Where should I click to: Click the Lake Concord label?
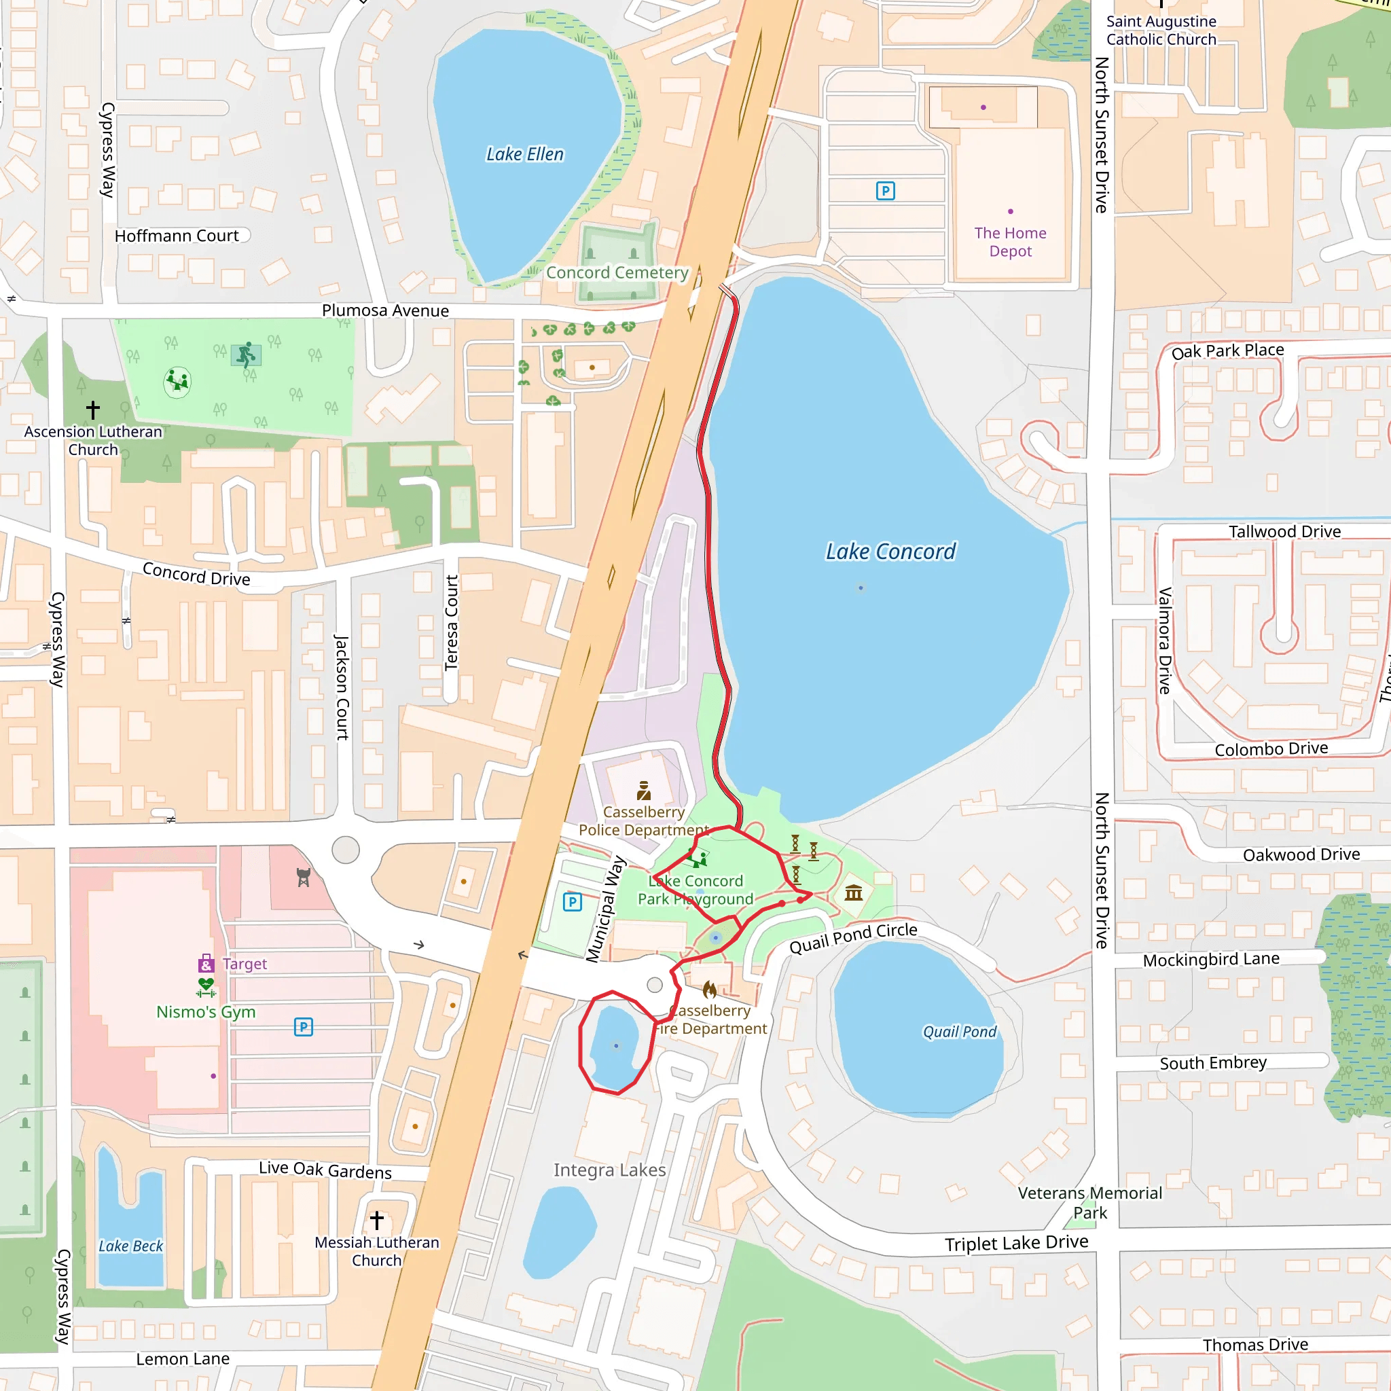[890, 552]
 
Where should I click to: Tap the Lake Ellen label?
[525, 154]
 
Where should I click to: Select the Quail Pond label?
[960, 1032]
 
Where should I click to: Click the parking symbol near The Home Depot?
[885, 191]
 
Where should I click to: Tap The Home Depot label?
[1010, 242]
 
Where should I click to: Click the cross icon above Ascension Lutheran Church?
[93, 410]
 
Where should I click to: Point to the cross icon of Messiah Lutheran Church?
[376, 1221]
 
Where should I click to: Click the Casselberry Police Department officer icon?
[644, 791]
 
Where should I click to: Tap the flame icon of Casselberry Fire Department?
[709, 990]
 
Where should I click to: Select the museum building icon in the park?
[854, 892]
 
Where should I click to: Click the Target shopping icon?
[206, 963]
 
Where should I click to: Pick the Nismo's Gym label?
[206, 1011]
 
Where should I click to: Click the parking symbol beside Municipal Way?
[573, 902]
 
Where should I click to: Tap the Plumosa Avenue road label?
[385, 310]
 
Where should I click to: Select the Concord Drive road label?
[196, 574]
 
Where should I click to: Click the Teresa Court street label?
[452, 623]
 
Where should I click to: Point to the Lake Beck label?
[130, 1246]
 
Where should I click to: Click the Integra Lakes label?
[609, 1170]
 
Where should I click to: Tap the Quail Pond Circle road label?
[853, 937]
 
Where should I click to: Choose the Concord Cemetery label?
[617, 272]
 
